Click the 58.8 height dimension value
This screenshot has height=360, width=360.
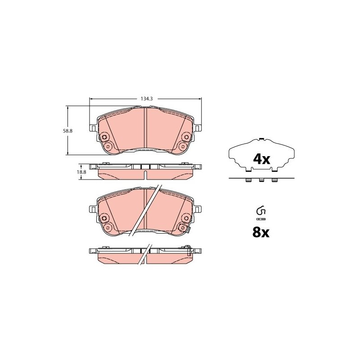pos(68,131)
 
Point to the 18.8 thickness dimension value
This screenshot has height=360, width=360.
pos(81,172)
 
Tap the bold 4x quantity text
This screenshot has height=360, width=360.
pos(261,159)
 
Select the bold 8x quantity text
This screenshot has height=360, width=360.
pos(261,232)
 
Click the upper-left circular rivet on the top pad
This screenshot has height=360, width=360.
pos(104,137)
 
